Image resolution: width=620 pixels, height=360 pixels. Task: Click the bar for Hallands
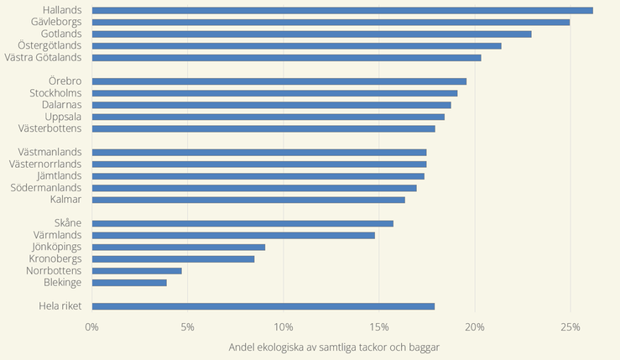342,10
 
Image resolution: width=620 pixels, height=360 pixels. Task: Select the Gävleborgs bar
331,22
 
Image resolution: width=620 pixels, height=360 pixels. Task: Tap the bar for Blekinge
129,283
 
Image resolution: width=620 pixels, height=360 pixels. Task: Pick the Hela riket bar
263,306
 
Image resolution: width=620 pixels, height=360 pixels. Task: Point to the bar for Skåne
242,223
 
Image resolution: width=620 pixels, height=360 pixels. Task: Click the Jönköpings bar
179,247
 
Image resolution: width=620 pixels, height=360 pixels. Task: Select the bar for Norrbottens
137,271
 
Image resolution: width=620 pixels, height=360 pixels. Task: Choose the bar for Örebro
279,81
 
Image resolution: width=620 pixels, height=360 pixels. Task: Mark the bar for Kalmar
248,200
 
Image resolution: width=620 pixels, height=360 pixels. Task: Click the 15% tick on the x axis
378,326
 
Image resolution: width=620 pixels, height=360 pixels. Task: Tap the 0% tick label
92,326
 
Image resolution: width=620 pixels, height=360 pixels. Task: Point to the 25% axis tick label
571,326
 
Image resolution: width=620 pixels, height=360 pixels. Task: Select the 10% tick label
283,326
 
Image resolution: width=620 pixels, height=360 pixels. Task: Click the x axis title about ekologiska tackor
333,347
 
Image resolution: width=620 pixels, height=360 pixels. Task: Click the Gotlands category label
61,34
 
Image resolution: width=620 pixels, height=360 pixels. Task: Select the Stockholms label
55,93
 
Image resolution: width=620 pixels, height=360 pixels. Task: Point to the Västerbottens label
49,128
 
